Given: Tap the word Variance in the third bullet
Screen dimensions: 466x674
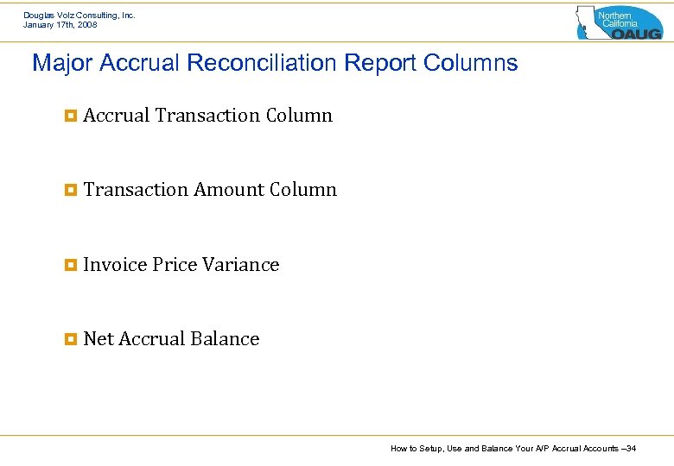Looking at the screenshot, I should coord(240,265).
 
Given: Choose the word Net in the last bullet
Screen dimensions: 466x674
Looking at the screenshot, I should coord(99,339).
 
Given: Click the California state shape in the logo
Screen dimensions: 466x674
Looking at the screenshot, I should coord(590,22).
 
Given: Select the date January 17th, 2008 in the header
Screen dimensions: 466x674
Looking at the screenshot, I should coord(60,25).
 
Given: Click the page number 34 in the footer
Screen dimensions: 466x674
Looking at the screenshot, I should coord(631,449).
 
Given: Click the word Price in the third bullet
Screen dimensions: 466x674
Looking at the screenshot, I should coord(175,265).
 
